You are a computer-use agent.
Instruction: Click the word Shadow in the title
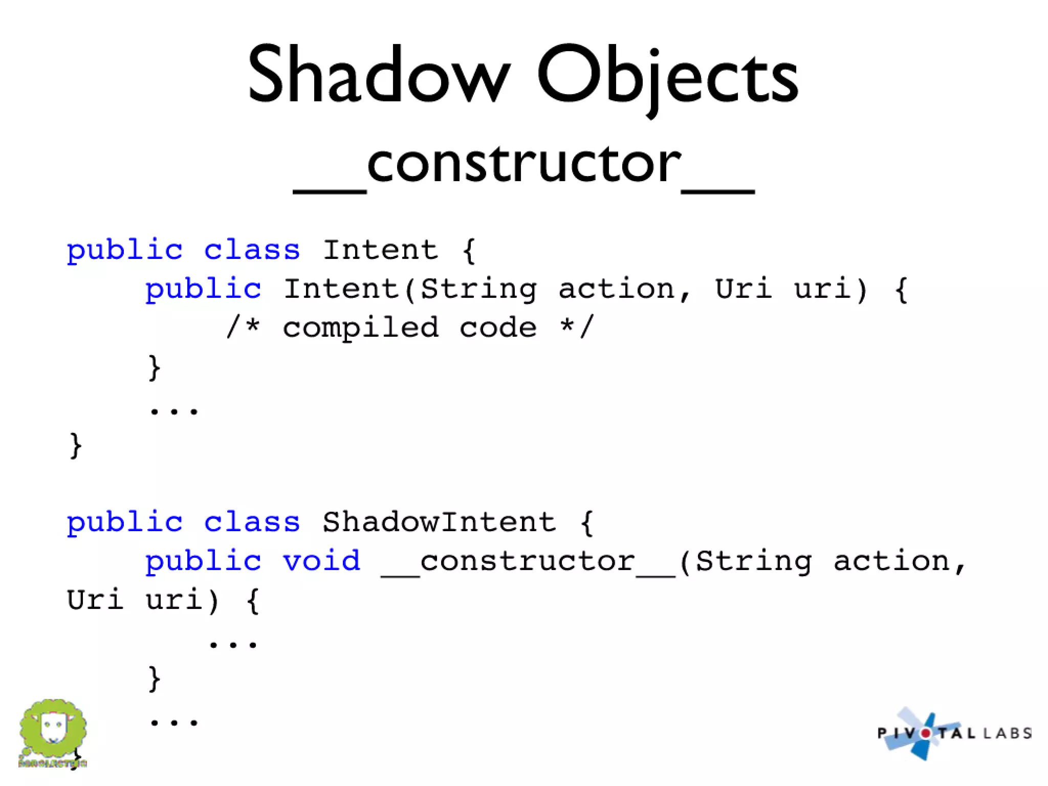coord(379,74)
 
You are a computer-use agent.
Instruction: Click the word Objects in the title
coord(667,77)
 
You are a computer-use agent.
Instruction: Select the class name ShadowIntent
coord(439,522)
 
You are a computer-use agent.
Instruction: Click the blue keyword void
coord(322,561)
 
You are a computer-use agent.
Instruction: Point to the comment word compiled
coord(361,328)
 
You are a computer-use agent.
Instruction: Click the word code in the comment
coord(498,328)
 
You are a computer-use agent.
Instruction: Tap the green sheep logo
coord(53,731)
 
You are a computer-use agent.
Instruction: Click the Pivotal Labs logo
coord(954,733)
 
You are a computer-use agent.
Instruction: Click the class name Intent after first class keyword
coord(380,250)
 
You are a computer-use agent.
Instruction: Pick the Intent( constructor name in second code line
coord(342,289)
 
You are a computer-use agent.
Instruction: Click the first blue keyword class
coord(252,250)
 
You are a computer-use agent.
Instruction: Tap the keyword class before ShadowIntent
coord(252,522)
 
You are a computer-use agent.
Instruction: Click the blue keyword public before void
coord(203,561)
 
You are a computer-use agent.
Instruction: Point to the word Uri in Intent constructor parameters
coord(743,289)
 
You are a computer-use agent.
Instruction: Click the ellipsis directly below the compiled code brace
coord(174,410)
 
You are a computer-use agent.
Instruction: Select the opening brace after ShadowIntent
coord(587,522)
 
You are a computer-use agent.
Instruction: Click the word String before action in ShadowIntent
coord(753,561)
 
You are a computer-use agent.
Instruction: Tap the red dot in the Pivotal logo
coord(926,733)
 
